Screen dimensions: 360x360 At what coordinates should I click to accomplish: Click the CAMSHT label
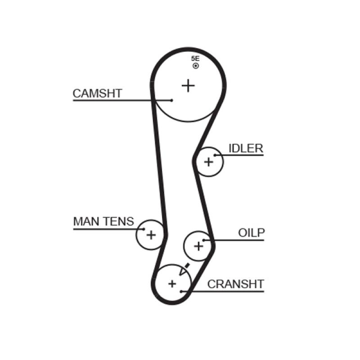[x=97, y=93]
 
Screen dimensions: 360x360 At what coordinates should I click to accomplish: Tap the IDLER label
[x=245, y=148]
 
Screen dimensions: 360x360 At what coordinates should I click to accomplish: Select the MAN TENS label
[x=103, y=221]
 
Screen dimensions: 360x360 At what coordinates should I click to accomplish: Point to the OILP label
[x=251, y=233]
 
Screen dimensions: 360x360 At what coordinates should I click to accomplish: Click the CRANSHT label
[x=235, y=284]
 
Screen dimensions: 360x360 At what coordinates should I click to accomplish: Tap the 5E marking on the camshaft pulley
[x=195, y=59]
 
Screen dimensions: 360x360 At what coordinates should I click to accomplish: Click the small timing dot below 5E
[x=195, y=66]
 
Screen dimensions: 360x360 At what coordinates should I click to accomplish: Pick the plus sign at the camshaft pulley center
[x=189, y=85]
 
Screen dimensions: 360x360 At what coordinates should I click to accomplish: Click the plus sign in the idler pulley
[x=208, y=162]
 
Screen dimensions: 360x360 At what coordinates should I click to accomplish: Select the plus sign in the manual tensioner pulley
[x=151, y=234]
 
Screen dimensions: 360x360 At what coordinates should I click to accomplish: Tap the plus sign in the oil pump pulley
[x=198, y=246]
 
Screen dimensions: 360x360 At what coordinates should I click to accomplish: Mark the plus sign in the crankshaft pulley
[x=172, y=283]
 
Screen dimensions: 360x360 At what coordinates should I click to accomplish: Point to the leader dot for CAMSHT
[x=172, y=100]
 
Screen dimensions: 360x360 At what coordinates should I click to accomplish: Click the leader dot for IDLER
[x=216, y=155]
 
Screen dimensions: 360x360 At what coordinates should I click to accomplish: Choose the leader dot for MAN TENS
[x=144, y=229]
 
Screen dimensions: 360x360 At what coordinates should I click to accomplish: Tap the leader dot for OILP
[x=203, y=240]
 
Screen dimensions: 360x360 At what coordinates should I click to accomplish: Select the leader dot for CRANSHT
[x=181, y=291]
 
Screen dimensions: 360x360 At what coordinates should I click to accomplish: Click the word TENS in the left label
[x=119, y=221]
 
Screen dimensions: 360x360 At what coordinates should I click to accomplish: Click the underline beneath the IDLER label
[x=241, y=155]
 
